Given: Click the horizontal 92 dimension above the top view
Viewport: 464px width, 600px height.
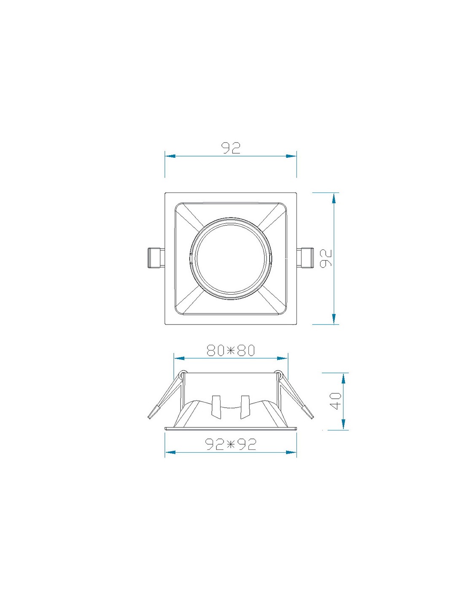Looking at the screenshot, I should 231,148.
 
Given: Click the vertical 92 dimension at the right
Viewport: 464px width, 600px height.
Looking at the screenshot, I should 326,258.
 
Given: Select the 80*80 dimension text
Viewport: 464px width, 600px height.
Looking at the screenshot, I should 231,350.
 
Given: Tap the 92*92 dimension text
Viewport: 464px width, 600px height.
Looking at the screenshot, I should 231,444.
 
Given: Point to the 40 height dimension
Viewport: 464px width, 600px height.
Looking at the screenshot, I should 336,400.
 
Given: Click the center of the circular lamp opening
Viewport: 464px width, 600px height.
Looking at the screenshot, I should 231,259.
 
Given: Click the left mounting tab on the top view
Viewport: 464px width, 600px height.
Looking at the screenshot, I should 156,258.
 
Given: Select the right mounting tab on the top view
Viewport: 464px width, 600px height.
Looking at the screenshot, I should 306,258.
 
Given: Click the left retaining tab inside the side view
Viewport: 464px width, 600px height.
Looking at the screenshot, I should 216,407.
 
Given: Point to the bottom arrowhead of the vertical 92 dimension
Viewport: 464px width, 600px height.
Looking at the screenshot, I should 334,319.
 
